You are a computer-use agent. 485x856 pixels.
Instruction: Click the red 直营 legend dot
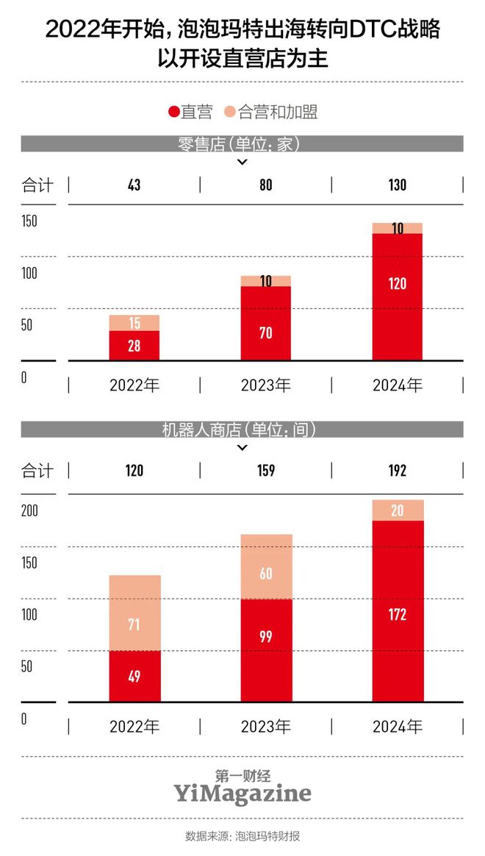174,112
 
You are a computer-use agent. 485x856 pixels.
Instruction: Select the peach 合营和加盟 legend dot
230,112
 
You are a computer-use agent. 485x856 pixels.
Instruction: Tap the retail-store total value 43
134,185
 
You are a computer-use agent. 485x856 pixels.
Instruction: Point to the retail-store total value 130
397,185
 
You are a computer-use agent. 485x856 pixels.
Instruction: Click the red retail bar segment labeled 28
134,346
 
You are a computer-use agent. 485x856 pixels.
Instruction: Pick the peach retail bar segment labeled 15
134,323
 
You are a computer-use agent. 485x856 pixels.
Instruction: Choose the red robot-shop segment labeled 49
134,677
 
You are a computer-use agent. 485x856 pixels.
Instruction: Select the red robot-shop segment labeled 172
397,611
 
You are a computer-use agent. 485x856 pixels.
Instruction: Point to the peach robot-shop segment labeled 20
397,510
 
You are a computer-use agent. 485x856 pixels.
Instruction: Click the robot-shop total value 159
266,471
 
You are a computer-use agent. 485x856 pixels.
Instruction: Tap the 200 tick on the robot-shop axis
29,511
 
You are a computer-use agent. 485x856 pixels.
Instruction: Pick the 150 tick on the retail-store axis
29,221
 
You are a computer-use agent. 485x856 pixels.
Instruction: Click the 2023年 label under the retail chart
266,385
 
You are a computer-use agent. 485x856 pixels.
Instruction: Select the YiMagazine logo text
242,793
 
